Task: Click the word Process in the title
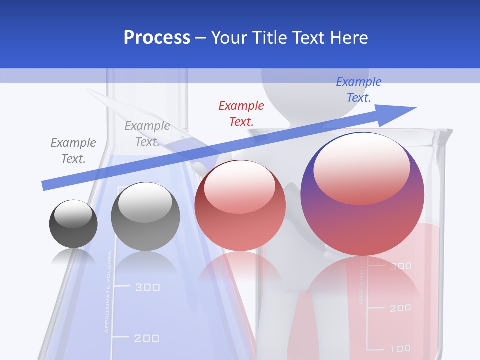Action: coord(157,38)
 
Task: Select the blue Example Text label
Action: coord(358,90)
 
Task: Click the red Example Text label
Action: coord(241,113)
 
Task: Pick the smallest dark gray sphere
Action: coord(73,224)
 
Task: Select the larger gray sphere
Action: coord(145,216)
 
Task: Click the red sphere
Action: coord(240,206)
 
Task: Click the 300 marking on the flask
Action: coord(147,287)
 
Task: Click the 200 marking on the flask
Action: coord(147,338)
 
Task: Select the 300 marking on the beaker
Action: coord(400,266)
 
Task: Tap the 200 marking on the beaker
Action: coord(400,308)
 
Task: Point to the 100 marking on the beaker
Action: coord(400,348)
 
